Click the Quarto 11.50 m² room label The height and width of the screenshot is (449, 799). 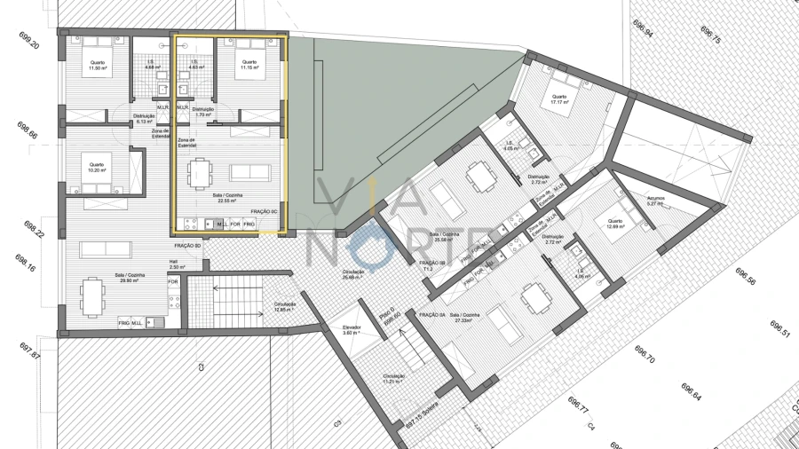[97, 66]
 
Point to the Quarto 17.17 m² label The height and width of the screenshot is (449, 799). [558, 100]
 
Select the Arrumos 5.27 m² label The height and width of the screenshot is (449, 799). [656, 201]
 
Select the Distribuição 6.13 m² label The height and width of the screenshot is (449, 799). [145, 119]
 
